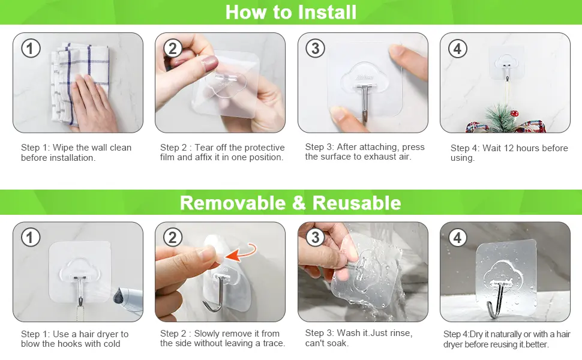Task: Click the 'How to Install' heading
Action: [x=290, y=12]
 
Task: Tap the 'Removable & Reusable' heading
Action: [x=290, y=203]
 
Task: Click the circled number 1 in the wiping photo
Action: [x=31, y=49]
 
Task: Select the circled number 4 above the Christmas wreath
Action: [x=458, y=49]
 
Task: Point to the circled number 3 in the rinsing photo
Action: [x=315, y=237]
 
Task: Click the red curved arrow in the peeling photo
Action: [x=241, y=253]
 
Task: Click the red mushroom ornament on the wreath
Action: [x=514, y=113]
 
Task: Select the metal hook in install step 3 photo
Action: [x=365, y=101]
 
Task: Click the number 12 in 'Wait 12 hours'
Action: [x=509, y=148]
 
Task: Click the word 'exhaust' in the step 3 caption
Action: [x=380, y=157]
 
